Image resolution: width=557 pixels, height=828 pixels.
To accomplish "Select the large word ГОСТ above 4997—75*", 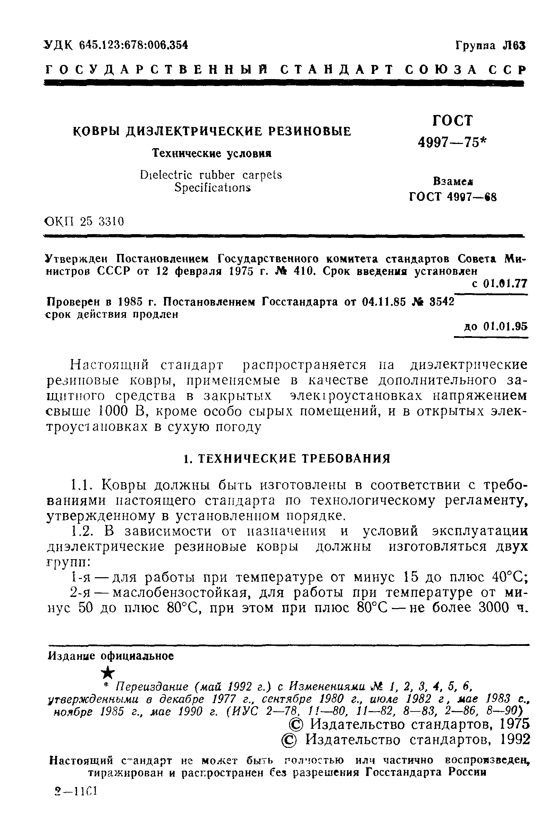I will point(453,121).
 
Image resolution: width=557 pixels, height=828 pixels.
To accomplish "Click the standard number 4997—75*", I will point(452,142).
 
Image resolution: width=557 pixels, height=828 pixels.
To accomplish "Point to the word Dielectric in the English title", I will point(167,175).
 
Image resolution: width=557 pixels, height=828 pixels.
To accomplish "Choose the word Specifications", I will point(212,187).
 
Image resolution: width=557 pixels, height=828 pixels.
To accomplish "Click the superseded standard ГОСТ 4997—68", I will point(453,196).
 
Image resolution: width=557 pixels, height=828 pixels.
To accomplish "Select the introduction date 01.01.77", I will point(505,283).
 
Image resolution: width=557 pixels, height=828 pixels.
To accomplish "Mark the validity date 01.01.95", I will point(506,326).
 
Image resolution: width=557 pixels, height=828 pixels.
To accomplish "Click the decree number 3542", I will point(442,301).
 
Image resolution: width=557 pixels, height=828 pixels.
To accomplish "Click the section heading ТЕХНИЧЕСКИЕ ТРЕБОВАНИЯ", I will point(293,458).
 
